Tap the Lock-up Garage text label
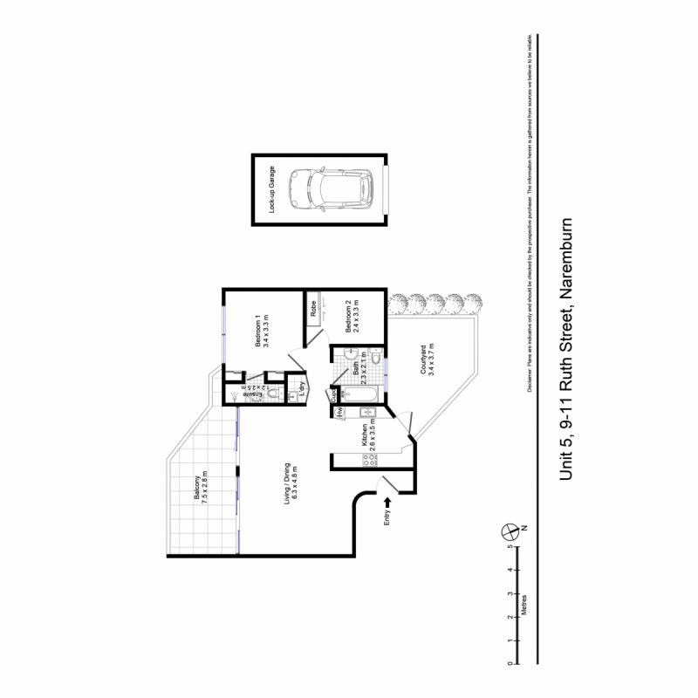point(271,189)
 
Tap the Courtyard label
point(427,359)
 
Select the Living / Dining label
point(291,479)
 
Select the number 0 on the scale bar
point(510,665)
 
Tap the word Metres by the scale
point(524,606)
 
